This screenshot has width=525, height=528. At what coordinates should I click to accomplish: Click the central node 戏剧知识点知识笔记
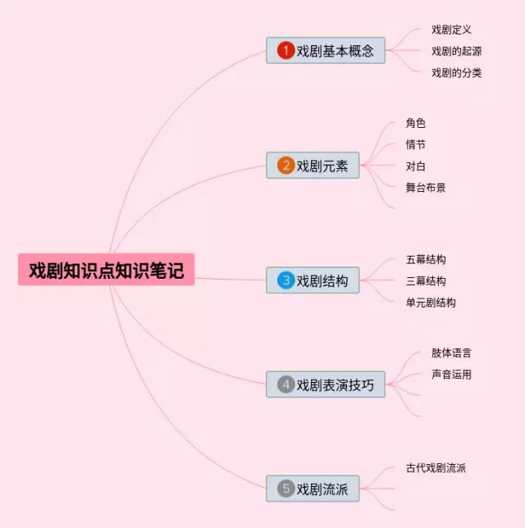coord(106,270)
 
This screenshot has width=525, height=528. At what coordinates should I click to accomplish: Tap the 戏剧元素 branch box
coord(313,166)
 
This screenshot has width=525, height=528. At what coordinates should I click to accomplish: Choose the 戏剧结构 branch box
coord(313,280)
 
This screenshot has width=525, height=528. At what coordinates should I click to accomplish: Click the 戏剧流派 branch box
coord(313,489)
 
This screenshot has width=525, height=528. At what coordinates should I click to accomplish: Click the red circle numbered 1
coord(285,51)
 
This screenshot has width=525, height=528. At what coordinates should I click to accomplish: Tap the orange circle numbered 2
coord(285,166)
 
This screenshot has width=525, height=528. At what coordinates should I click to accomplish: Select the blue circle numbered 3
coord(285,280)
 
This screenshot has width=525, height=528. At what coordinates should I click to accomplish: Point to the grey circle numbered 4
coord(285,384)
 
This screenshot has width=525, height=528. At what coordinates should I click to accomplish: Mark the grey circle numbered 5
coord(285,489)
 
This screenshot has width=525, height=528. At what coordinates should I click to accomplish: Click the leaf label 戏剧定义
coord(451,30)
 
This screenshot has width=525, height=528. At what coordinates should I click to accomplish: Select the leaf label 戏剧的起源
coord(456,51)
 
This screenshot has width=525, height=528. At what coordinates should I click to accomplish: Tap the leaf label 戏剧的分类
coord(456,72)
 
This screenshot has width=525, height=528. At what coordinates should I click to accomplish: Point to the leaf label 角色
coord(415,123)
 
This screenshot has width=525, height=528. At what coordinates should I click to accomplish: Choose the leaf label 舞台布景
coord(426,187)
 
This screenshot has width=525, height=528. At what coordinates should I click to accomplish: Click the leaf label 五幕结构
coord(426,259)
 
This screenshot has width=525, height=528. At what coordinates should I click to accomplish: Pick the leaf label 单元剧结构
coord(431,302)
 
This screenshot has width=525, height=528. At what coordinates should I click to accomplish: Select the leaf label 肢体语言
coord(451,353)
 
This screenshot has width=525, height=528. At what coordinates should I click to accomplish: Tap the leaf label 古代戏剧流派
coord(436,467)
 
